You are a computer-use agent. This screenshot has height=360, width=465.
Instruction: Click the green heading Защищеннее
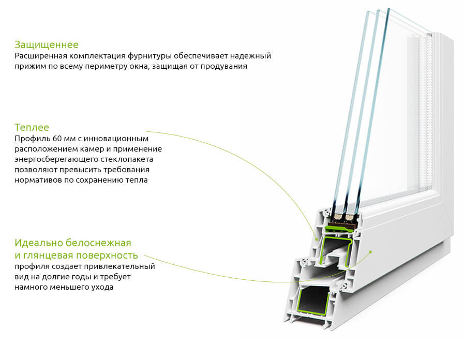tap(47, 45)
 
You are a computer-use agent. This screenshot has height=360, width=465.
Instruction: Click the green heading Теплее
tap(32, 127)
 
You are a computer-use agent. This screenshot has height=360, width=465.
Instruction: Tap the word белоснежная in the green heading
tap(98, 243)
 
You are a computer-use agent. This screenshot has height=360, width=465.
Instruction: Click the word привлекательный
tap(119, 266)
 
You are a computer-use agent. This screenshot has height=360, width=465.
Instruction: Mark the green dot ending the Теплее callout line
tap(317, 239)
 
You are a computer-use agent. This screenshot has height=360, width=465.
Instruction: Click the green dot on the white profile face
tap(370, 252)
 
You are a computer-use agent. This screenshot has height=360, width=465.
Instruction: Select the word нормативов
tap(38, 180)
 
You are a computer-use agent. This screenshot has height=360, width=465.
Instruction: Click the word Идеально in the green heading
tap(39, 243)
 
